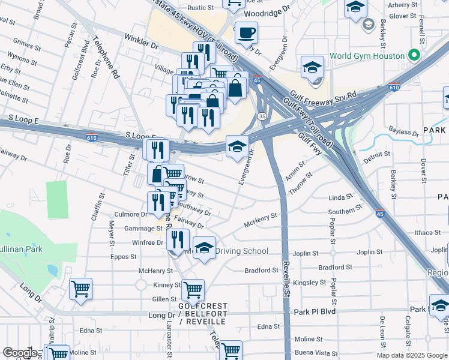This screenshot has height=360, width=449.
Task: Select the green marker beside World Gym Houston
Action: (414, 55)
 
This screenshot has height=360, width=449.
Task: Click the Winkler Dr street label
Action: (141, 45)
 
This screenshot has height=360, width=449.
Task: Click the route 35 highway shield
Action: (262, 116)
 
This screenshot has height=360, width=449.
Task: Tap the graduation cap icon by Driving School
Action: (204, 247)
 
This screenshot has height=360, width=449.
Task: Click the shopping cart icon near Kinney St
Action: (193, 290)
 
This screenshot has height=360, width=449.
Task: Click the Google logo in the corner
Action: (19, 353)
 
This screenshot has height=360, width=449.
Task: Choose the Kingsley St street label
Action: (310, 282)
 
